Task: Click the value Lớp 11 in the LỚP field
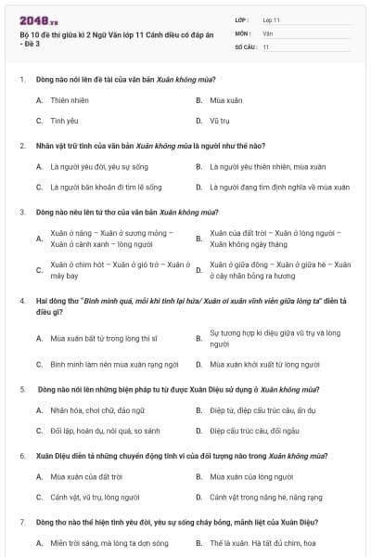coord(272,19)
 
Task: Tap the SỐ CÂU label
coord(245,46)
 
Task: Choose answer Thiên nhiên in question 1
coord(70,99)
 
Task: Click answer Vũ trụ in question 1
coord(220,121)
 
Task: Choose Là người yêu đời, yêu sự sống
coord(97,166)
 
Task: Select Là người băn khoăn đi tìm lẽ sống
coord(105,187)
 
